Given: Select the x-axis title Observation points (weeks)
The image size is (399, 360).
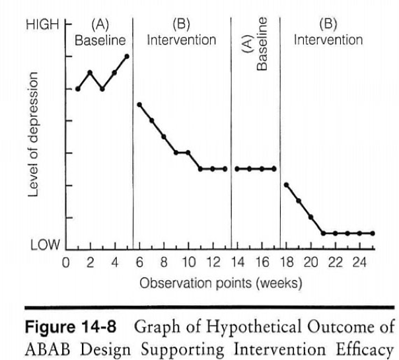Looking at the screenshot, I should point(221,283).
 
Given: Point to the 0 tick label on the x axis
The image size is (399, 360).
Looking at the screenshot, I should point(65,263).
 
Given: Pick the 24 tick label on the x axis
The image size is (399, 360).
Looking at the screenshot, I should point(360,263).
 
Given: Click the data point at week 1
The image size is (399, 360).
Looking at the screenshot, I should point(78,89).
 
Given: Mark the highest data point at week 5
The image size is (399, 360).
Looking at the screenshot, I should point(127,56).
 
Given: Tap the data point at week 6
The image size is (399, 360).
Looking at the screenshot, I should point(139,104).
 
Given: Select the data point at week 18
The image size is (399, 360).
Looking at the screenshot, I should point(286,185).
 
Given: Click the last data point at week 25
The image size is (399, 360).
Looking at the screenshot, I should point(373,233).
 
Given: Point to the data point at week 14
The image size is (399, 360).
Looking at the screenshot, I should point(237,168).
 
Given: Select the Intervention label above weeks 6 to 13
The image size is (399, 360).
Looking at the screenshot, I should point(181,40).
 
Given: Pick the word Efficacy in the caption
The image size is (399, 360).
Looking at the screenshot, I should point(361,347).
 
